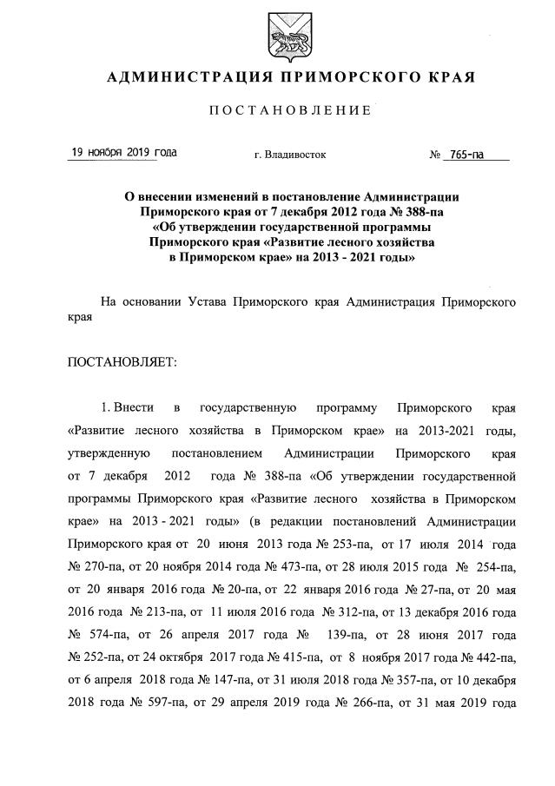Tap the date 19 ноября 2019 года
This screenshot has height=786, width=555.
point(123,153)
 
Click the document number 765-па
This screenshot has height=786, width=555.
point(463,155)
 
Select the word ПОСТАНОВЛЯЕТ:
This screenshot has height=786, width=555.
point(122,360)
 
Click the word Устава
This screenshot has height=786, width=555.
point(211,302)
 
